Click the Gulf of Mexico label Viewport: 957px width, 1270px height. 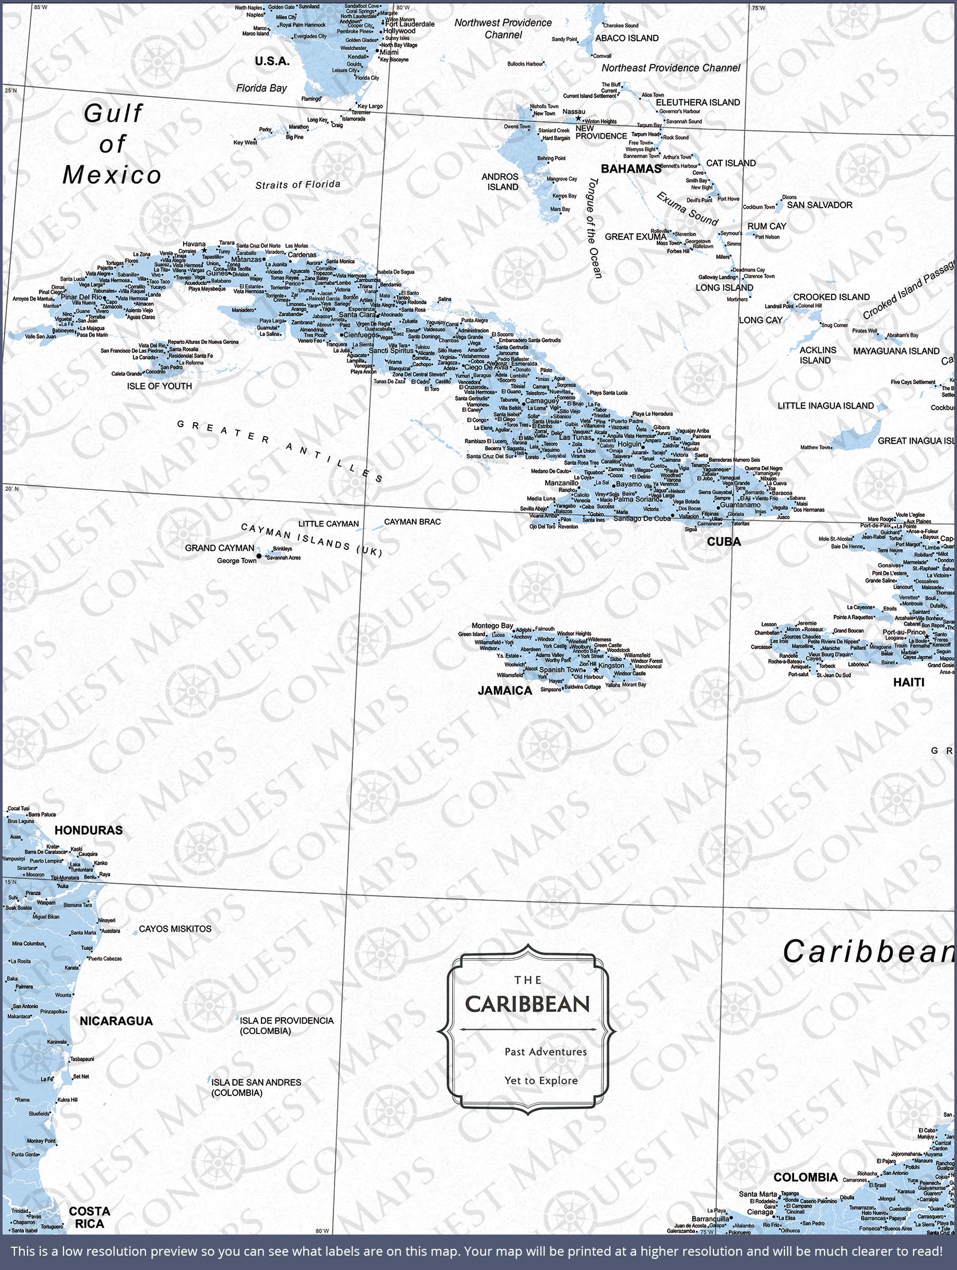click(x=112, y=144)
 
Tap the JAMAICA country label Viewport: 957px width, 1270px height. click(x=505, y=691)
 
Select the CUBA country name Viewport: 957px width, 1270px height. click(x=724, y=541)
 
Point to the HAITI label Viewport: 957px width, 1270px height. click(x=908, y=682)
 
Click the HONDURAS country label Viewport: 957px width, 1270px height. click(x=88, y=830)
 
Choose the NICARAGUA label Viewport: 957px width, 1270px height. click(x=116, y=1021)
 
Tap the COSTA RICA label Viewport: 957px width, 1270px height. click(x=89, y=1217)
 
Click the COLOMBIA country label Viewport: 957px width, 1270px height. click(x=805, y=1177)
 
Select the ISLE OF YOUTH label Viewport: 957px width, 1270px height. click(x=160, y=386)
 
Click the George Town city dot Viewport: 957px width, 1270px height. click(x=259, y=556)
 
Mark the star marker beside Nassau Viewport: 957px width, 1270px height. click(x=579, y=119)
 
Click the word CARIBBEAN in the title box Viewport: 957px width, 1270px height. click(x=527, y=1004)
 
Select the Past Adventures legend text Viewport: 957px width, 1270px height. click(x=546, y=1052)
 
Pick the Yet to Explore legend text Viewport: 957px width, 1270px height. click(x=541, y=1081)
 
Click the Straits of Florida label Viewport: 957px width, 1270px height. click(x=297, y=184)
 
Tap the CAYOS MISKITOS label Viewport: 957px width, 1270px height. click(x=175, y=928)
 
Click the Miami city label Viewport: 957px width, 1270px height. click(x=389, y=52)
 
